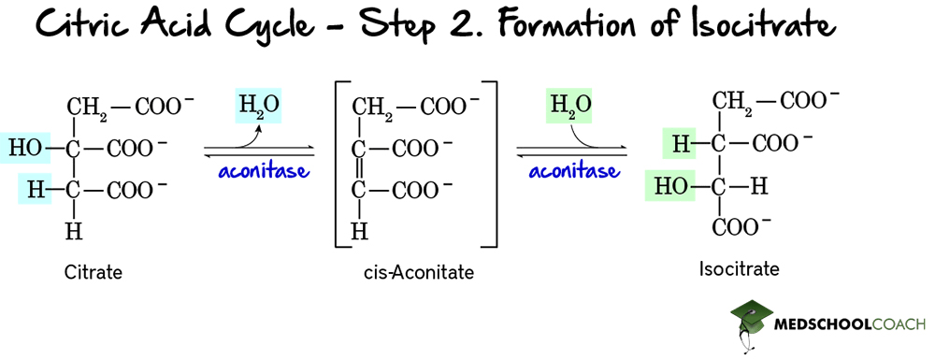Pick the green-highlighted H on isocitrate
tap(680, 143)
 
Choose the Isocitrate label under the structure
tap(739, 270)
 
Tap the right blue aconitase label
tap(573, 171)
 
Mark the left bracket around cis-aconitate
tap(338, 166)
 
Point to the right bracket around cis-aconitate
tap(492, 166)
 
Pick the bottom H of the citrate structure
tap(72, 231)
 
